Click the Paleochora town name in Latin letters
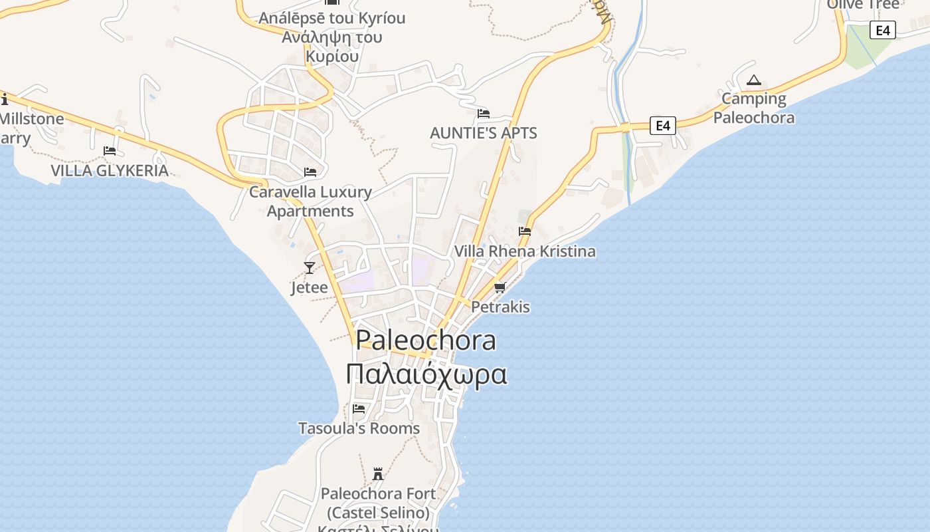point(426,340)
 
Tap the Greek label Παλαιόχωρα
point(426,374)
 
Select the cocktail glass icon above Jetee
point(310,268)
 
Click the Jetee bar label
point(310,287)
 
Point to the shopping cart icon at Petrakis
point(500,287)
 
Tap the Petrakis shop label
point(500,307)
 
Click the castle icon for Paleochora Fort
point(379,474)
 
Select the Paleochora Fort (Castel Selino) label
point(379,503)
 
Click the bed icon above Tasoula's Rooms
point(359,408)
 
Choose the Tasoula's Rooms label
point(359,428)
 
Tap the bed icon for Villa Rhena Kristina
point(525,231)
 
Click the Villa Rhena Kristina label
point(525,251)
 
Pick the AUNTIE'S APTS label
point(484,133)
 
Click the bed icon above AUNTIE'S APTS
point(484,113)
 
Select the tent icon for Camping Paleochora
point(753,80)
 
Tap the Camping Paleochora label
point(754,108)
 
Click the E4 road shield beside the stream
point(662,125)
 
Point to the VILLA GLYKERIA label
point(110,171)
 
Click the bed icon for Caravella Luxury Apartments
point(310,172)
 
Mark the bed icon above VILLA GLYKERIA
point(110,151)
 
